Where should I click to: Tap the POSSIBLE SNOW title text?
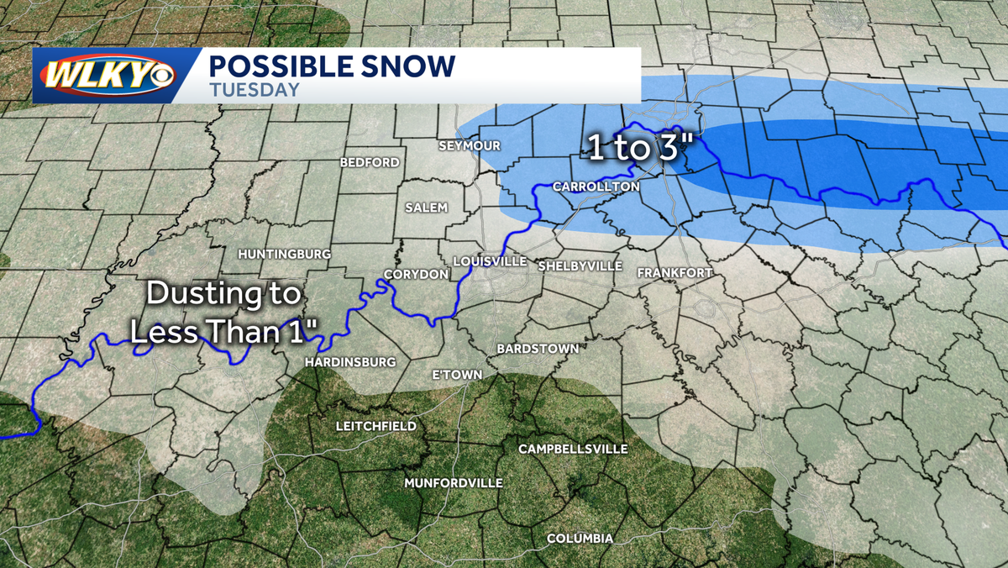331,66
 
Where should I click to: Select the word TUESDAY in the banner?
254,90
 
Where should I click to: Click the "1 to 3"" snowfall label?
638,148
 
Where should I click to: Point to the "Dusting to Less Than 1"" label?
224,313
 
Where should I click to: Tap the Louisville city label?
490,261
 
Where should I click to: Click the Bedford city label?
369,162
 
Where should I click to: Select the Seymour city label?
470,145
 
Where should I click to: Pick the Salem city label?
427,208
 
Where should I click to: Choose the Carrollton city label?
596,186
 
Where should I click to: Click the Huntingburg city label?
284,253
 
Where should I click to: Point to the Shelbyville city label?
579,266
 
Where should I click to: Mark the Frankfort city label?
675,273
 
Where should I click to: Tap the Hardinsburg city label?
350,361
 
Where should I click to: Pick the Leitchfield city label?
375,426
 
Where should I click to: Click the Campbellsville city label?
573,449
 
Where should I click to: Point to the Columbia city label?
580,538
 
